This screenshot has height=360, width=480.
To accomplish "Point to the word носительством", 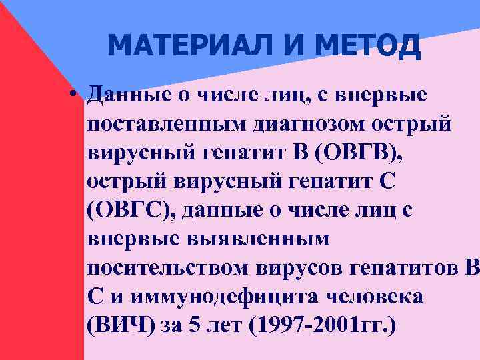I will pos(167,268).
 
